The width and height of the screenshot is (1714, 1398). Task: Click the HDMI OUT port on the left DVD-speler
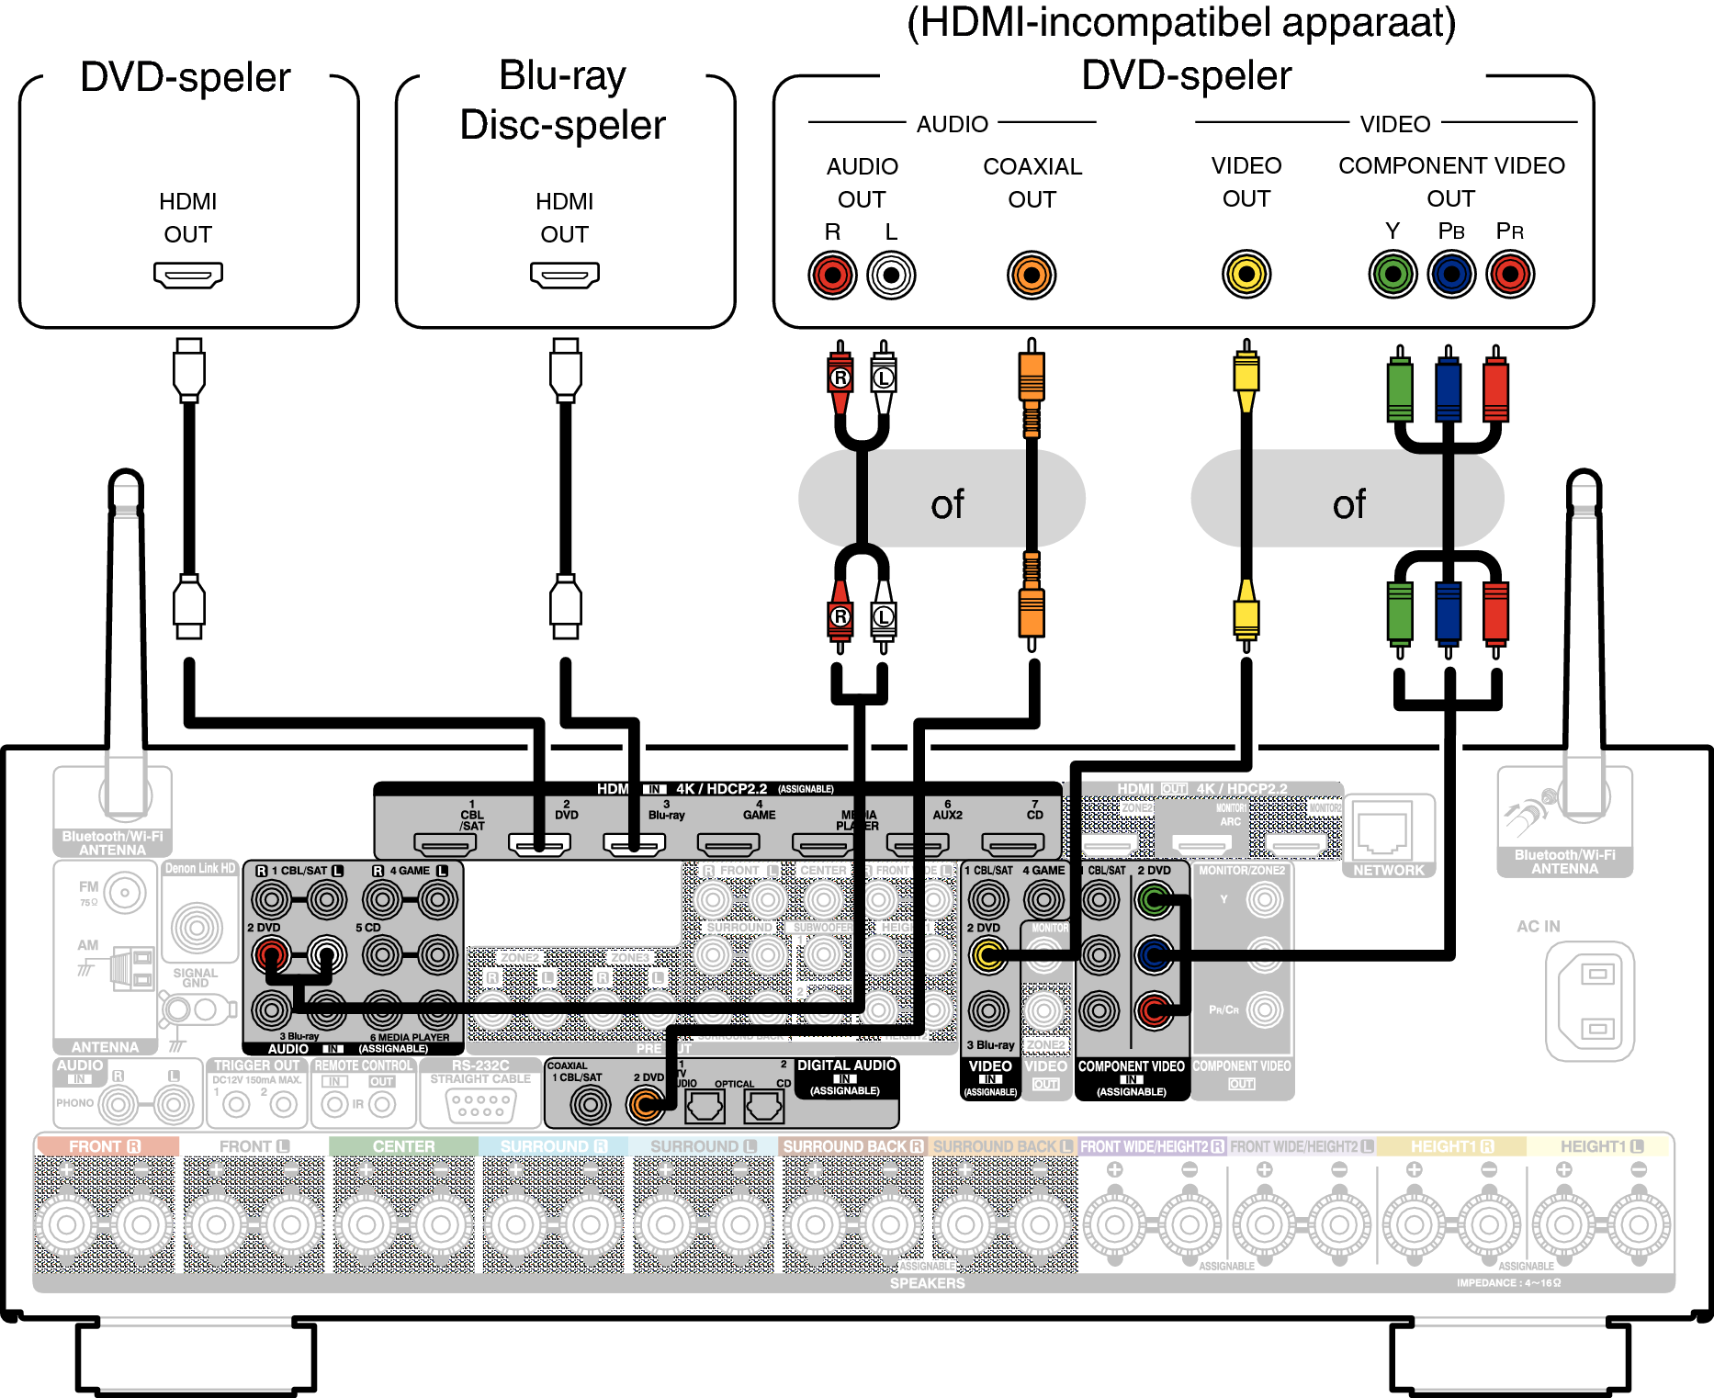(x=188, y=275)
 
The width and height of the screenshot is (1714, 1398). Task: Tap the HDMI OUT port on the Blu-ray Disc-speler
(x=565, y=275)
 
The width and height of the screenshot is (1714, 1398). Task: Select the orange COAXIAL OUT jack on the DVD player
(x=1032, y=275)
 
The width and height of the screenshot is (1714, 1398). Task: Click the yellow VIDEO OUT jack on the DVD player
(x=1246, y=274)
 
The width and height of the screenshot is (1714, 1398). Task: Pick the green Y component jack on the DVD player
(x=1393, y=274)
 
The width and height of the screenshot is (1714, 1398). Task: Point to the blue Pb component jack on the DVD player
(x=1452, y=274)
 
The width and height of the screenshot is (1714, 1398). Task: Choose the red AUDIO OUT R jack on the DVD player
(x=832, y=275)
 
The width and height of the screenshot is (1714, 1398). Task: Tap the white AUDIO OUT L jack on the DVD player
(x=891, y=275)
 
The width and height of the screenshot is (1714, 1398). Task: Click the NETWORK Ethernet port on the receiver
(x=1383, y=832)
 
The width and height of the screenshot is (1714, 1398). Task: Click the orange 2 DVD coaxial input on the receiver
(x=646, y=1104)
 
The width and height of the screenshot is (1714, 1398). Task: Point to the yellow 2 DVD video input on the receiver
(x=988, y=955)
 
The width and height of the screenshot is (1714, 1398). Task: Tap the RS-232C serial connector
(x=480, y=1105)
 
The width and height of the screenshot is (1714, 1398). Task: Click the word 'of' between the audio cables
(x=947, y=504)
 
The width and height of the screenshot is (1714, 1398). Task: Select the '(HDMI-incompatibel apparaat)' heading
(x=1181, y=23)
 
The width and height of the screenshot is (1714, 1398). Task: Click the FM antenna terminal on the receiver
(x=125, y=892)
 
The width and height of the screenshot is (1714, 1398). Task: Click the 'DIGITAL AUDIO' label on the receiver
(x=846, y=1065)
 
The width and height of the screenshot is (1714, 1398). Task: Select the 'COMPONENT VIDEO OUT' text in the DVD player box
(x=1451, y=182)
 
